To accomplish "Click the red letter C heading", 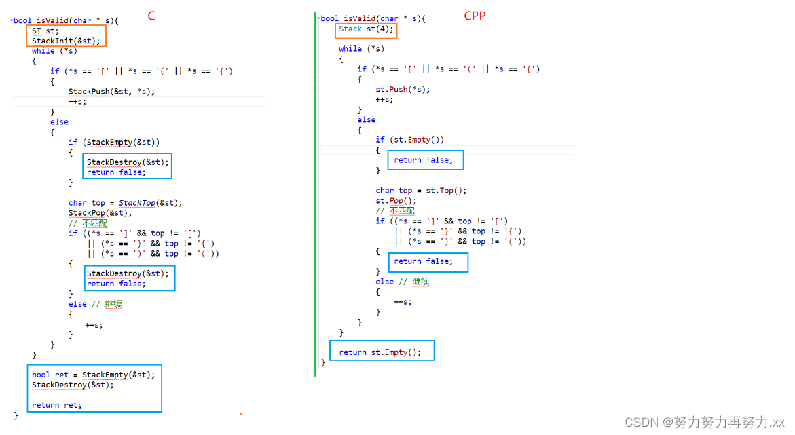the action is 151,16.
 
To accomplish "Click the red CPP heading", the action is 475,15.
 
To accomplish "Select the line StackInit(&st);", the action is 66,41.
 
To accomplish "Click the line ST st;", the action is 45,31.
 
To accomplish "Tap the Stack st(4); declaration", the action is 366,29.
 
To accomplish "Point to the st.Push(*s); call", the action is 403,89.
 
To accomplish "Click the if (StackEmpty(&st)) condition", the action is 114,142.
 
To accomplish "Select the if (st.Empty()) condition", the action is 409,140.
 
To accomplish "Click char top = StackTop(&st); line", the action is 126,202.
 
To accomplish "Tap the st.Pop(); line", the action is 396,201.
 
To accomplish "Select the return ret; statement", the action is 56,405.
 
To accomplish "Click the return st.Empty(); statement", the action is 380,352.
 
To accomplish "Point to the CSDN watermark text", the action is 704,422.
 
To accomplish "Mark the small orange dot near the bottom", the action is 241,413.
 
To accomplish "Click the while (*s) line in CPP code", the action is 361,48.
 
